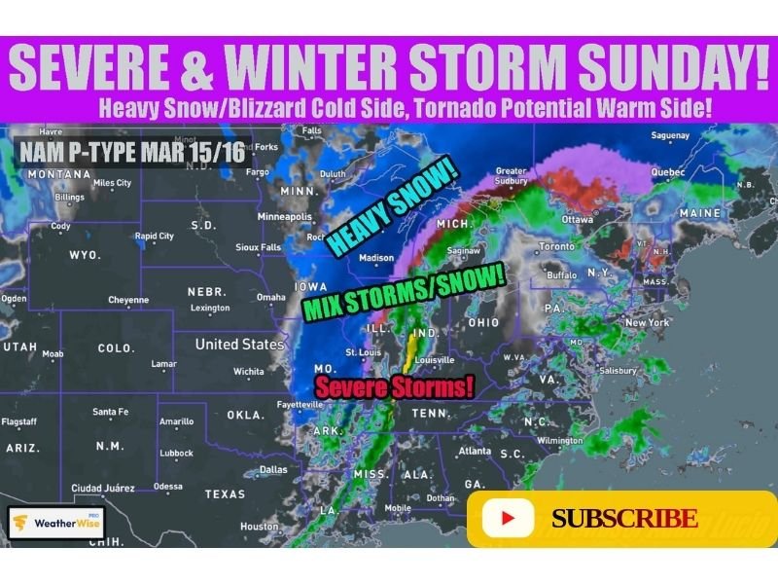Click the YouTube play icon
pos(508,518)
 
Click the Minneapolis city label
pos(285,216)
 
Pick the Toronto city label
pos(558,246)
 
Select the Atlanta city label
pos(475,451)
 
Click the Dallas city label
pos(273,469)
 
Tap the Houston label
pos(259,527)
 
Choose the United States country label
pos(239,345)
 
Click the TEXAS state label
pos(225,493)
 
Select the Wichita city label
pos(249,371)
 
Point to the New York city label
pos(648,322)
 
